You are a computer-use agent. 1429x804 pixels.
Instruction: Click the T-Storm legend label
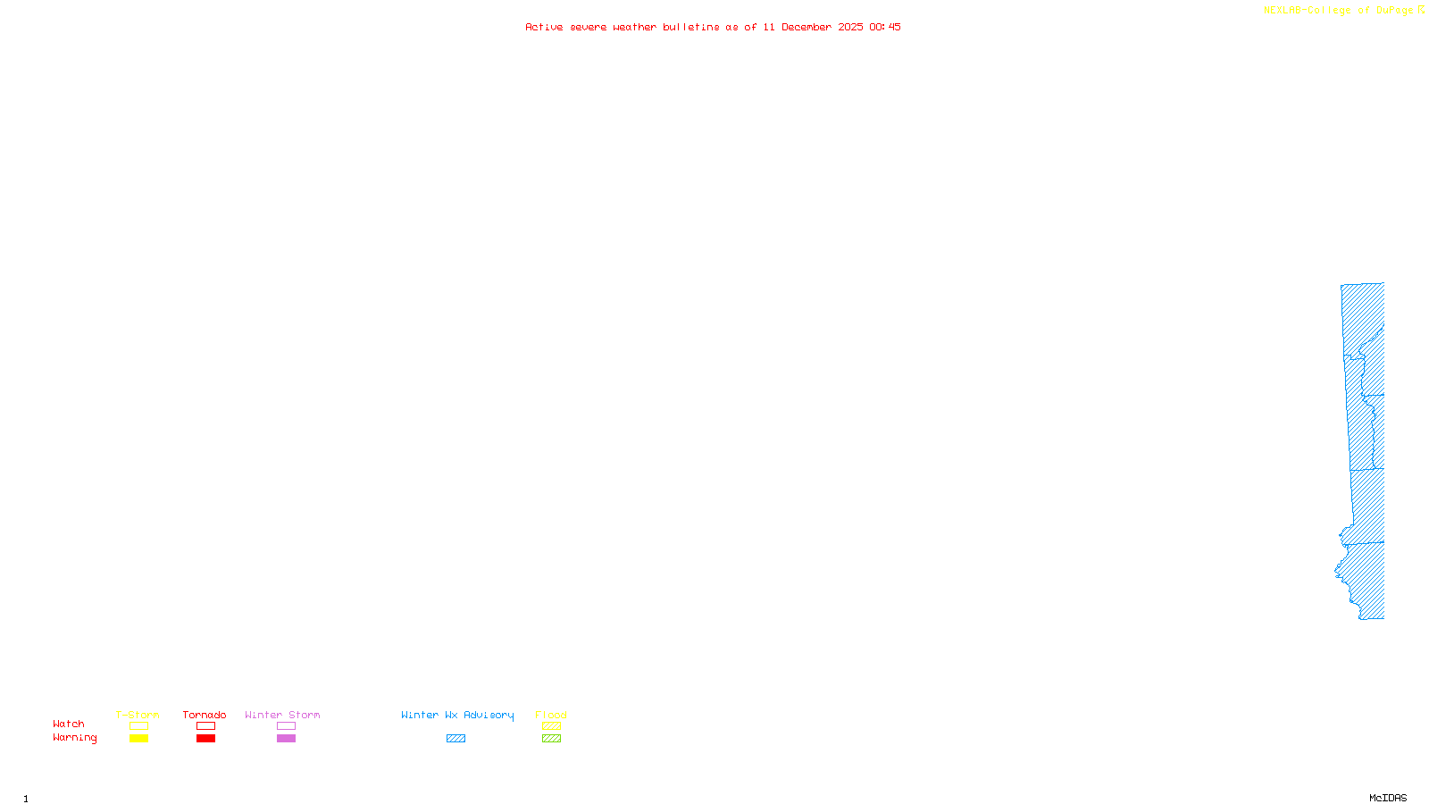tap(138, 715)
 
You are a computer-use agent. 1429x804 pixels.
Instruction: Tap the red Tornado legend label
tap(205, 715)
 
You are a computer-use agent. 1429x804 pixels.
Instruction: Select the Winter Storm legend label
tap(282, 715)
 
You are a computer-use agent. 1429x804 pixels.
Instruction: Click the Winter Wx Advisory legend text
tap(457, 715)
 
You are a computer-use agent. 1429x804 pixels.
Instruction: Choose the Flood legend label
tap(551, 715)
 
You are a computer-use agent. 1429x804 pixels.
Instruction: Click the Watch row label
tap(69, 724)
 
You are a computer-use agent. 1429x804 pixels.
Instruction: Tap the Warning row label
tap(74, 738)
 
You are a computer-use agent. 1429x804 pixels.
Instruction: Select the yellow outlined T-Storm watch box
tap(138, 726)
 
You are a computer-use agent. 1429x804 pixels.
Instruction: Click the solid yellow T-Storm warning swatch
tap(138, 739)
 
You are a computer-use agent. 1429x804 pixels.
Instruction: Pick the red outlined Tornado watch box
tap(205, 726)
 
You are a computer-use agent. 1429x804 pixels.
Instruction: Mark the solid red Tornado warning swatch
tap(205, 739)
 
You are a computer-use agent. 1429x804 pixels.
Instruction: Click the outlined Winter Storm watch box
tap(286, 726)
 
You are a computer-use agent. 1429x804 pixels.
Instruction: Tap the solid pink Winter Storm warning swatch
tap(286, 739)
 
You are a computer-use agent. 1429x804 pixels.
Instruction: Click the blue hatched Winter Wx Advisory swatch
tap(455, 739)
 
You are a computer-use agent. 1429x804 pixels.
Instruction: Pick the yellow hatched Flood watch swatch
tap(551, 726)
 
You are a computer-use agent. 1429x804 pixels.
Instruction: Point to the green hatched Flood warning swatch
tap(551, 739)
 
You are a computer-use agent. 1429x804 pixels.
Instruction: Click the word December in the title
tap(806, 27)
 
